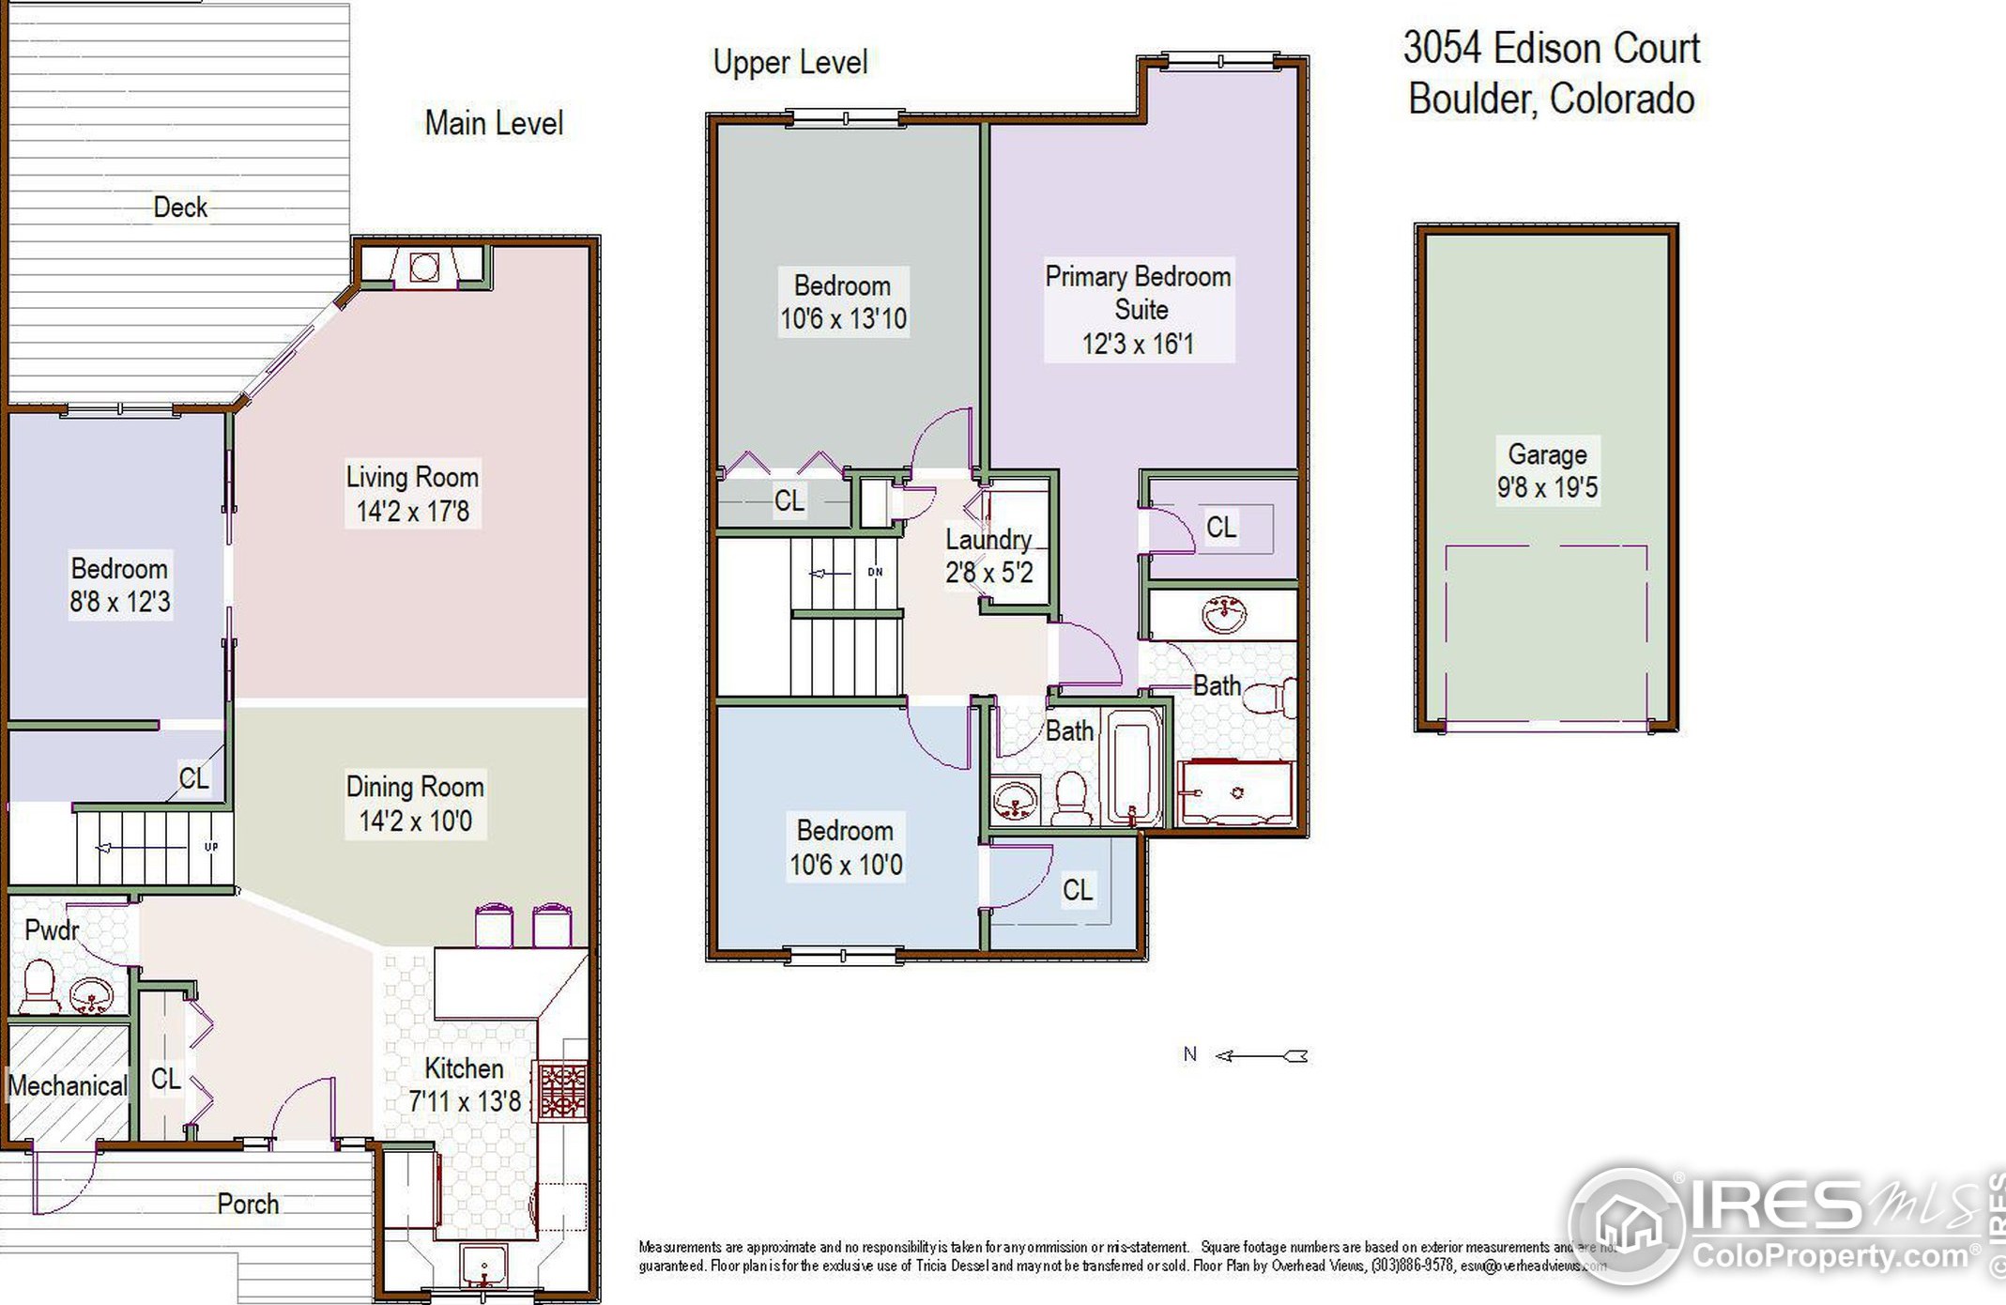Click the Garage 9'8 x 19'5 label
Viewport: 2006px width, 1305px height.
point(1546,470)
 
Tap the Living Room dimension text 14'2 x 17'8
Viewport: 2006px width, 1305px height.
point(413,512)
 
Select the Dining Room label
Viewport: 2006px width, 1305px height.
point(415,787)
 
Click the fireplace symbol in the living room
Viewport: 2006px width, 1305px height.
point(423,268)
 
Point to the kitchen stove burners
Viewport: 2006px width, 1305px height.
point(562,1089)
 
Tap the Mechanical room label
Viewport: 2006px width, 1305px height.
point(68,1086)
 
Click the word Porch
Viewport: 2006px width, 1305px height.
point(248,1204)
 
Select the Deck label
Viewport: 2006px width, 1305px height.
point(179,207)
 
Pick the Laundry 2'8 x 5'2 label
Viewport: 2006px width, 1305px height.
point(988,555)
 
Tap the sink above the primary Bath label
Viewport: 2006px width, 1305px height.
point(1223,615)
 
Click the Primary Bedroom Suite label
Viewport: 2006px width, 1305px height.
point(1138,309)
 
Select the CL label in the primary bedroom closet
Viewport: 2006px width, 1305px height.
point(1220,527)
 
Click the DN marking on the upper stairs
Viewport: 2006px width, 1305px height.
point(875,572)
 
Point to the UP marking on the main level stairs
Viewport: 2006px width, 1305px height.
point(211,847)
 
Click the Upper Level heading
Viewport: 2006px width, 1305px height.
point(789,63)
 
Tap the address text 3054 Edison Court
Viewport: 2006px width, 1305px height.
point(1551,49)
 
